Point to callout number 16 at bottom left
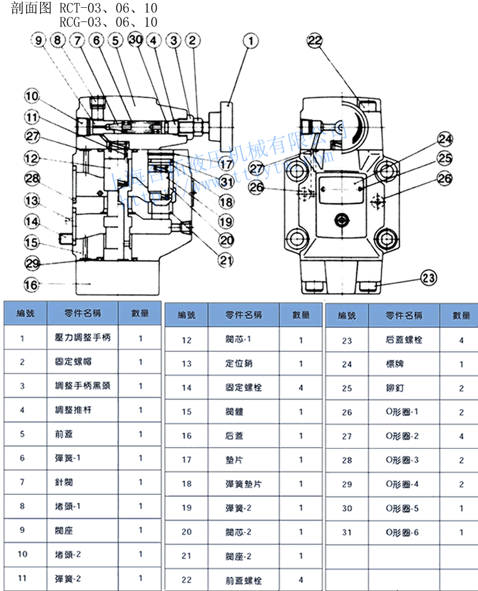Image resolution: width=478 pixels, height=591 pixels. (31, 284)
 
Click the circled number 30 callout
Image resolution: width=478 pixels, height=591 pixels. (136, 40)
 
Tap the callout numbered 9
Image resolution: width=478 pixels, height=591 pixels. (38, 40)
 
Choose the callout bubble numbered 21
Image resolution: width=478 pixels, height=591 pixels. (226, 261)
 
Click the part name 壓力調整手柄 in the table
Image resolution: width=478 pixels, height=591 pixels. (79, 338)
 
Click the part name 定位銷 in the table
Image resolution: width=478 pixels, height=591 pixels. (239, 364)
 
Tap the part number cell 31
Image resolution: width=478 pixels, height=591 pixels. (347, 533)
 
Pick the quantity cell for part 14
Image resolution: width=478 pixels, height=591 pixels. (300, 388)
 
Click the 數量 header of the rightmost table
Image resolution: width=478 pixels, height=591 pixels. (461, 316)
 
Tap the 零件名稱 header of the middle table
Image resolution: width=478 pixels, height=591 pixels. (243, 315)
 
